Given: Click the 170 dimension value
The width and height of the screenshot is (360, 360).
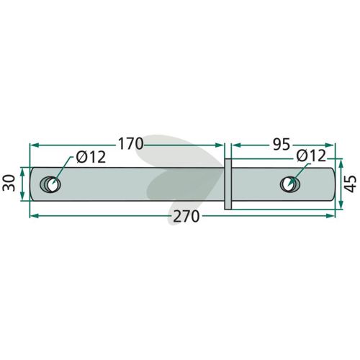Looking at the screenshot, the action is coord(130,144).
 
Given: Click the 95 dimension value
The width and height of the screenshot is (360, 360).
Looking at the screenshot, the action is coord(282,145).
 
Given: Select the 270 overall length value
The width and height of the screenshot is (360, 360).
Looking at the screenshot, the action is coord(186,217).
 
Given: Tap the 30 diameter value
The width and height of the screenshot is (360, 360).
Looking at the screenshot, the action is coord(9,183).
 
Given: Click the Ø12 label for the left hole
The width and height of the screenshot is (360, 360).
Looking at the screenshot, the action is coord(91,158).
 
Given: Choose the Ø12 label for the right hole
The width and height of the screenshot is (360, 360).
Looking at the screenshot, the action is coord(311,156).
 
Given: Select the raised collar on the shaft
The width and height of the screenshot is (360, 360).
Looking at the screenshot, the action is coord(228,184).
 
